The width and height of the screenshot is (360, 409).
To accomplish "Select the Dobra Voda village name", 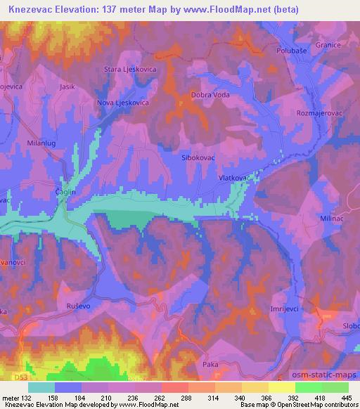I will point(210,96).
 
